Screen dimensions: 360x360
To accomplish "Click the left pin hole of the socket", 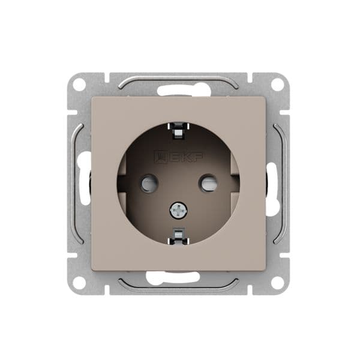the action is pyautogui.click(x=149, y=183).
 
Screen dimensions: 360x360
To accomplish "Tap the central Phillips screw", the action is pyautogui.click(x=178, y=209).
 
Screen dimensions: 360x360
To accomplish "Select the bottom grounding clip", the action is pyautogui.click(x=178, y=236).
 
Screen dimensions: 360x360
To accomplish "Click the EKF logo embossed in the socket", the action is pyautogui.click(x=179, y=157).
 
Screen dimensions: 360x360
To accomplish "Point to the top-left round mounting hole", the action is pyautogui.click(x=79, y=85).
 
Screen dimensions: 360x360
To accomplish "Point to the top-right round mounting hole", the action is pyautogui.click(x=278, y=85).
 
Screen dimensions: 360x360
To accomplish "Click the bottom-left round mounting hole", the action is pyautogui.click(x=79, y=283).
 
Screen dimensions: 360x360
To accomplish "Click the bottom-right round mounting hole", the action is pyautogui.click(x=278, y=283).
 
